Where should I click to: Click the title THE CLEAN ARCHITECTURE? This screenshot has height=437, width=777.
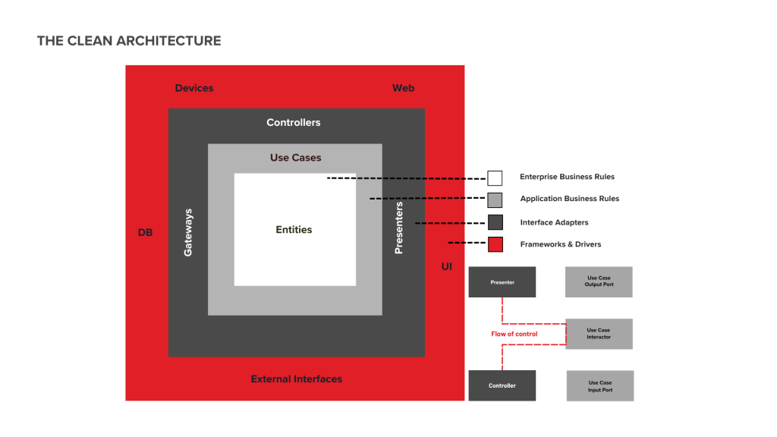point(129,41)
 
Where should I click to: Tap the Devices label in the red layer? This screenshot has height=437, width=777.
point(194,88)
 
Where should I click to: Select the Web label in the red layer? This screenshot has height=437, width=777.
point(403,88)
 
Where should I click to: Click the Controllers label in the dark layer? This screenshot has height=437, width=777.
point(294,122)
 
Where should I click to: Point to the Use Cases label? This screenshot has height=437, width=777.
point(296,158)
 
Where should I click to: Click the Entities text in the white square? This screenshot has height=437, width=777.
point(294,229)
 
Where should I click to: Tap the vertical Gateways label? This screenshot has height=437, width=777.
point(188,231)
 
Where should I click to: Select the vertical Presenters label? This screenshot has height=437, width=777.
point(399,227)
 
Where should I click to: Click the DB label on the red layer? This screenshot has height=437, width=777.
point(145,232)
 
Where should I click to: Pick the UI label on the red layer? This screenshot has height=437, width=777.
point(447,266)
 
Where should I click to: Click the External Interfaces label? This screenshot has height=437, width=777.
point(297,379)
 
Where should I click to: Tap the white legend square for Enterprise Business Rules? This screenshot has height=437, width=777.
point(495,178)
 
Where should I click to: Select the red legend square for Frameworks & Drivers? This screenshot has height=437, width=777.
point(495,244)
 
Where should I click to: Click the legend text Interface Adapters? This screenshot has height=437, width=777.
point(554,222)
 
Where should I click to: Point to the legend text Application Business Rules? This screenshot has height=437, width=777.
point(569,199)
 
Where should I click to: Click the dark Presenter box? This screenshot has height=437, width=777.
point(502,281)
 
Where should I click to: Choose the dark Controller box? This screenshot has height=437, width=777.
point(502,385)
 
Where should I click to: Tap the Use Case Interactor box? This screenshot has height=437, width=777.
point(599,334)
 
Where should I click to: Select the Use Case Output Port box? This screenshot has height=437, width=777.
point(599,281)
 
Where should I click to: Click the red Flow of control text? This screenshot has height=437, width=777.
point(514,334)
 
